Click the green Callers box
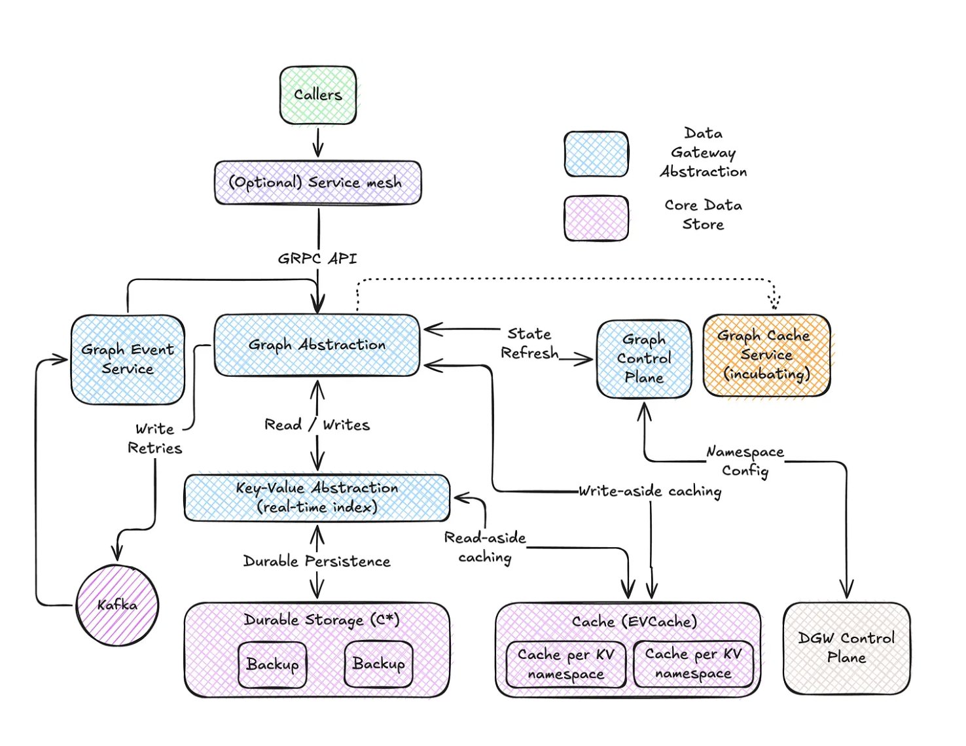[x=318, y=95]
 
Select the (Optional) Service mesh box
[x=318, y=183]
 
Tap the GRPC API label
[x=317, y=258]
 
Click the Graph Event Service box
[x=128, y=359]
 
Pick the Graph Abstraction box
[x=317, y=345]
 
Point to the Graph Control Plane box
[x=644, y=359]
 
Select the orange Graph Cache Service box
[x=766, y=355]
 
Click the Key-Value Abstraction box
[x=317, y=497]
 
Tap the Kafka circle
[x=118, y=605]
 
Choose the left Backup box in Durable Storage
[x=272, y=664]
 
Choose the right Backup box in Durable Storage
[x=378, y=664]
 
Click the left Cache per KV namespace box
[x=566, y=664]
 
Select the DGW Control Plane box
[x=846, y=648]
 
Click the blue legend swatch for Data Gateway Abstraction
[x=596, y=154]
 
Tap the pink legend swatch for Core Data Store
[x=596, y=219]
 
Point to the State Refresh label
[x=529, y=344]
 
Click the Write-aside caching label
[x=650, y=491]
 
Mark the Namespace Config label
[x=745, y=461]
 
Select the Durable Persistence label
[x=317, y=561]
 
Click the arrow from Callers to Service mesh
[x=318, y=142]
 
